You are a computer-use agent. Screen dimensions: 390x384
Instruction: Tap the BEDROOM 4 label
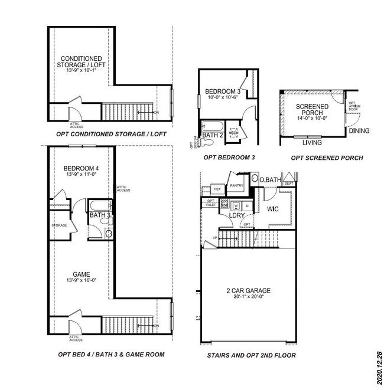click(81, 169)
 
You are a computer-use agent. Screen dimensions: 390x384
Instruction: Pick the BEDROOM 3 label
click(222, 91)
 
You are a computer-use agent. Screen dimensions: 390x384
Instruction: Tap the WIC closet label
click(272, 209)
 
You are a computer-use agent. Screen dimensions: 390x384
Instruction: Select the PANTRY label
click(237, 185)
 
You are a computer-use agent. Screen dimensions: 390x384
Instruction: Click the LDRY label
click(237, 215)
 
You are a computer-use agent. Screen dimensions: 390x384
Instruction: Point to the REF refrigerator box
click(217, 189)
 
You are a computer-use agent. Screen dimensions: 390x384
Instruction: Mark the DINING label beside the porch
click(359, 131)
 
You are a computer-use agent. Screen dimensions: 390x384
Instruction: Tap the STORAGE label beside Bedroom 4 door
click(60, 225)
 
